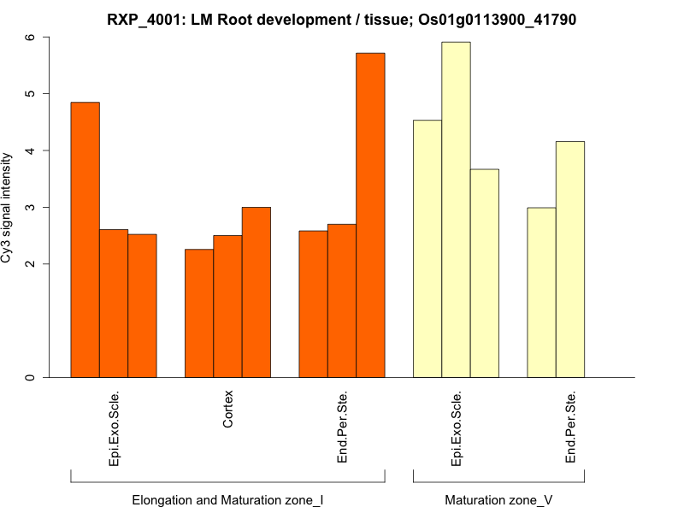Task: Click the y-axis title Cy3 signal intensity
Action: coord(8,208)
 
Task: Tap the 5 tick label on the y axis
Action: coord(30,94)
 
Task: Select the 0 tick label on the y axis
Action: coord(30,377)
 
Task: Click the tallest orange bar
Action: coord(370,214)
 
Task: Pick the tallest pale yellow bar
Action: coord(456,209)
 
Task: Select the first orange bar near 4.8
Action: coord(85,239)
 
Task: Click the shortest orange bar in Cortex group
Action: coord(199,313)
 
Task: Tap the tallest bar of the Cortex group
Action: coord(256,292)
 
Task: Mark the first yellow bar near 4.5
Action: coord(427,248)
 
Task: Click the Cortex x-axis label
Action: coord(227,410)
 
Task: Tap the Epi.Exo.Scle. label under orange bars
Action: coord(114,427)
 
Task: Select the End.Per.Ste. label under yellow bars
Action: coord(570,427)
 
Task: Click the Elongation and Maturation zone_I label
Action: coord(227,499)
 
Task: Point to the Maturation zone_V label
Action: coord(498,499)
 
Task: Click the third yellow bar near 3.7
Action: coord(485,273)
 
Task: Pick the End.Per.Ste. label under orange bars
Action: coord(342,427)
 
